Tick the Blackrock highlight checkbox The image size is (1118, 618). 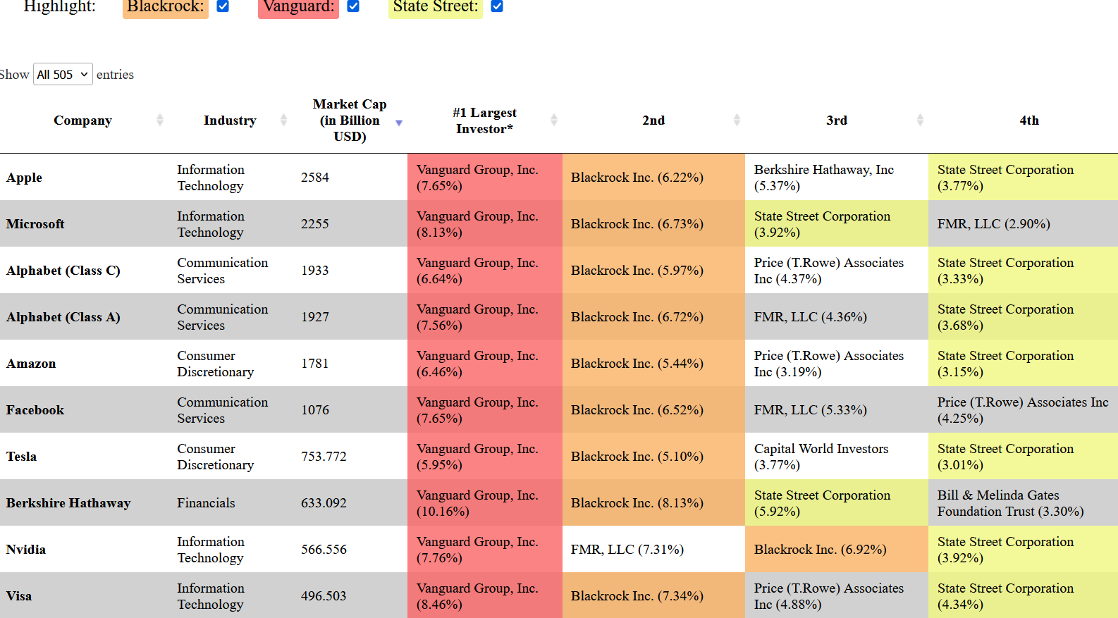pos(223,6)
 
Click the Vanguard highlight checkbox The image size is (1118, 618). pos(353,6)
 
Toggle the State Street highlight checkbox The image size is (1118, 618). pos(496,6)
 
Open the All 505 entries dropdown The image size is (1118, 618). pos(63,74)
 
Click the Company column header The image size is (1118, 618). pos(83,120)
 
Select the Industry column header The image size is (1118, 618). pos(230,120)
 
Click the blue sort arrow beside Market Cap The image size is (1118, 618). pos(399,123)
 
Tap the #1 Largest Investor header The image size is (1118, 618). pos(485,120)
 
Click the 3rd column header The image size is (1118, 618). pos(837,120)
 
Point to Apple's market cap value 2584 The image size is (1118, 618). pos(315,177)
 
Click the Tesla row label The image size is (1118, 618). pos(21,457)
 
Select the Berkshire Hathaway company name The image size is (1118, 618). pos(68,502)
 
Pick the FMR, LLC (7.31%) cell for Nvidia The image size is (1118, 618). pos(627,549)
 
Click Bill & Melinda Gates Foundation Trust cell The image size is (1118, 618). pos(1011,502)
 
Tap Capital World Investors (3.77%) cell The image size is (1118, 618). pos(821,457)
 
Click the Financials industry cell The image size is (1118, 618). pos(206,502)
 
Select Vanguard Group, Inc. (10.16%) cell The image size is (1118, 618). pos(478,502)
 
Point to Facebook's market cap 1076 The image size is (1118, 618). pos(315,409)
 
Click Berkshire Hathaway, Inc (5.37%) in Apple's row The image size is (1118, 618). pos(824,177)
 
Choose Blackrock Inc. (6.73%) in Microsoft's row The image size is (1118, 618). pos(637,223)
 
